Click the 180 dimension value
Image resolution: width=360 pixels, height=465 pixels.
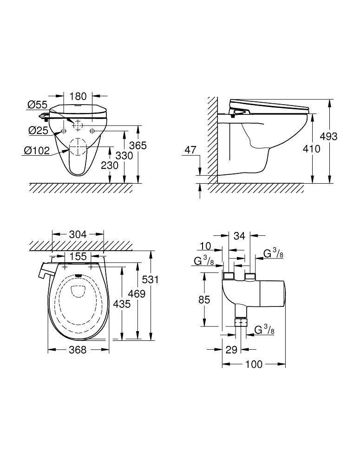pyautogui.click(x=78, y=96)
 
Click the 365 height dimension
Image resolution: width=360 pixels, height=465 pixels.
pyautogui.click(x=138, y=146)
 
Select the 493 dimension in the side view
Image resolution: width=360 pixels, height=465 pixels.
pyautogui.click(x=328, y=136)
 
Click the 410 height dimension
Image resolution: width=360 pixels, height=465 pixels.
pyautogui.click(x=311, y=149)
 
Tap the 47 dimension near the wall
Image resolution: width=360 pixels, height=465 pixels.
pyautogui.click(x=190, y=150)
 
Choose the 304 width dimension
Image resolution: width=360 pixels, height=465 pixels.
pyautogui.click(x=78, y=235)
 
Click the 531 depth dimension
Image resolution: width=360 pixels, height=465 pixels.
pyautogui.click(x=151, y=279)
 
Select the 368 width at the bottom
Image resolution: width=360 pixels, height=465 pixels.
pyautogui.click(x=78, y=350)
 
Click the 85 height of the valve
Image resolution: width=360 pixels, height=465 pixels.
pyautogui.click(x=204, y=300)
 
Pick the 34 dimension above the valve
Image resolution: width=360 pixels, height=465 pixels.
pyautogui.click(x=239, y=236)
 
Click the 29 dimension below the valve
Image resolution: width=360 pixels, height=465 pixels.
pyautogui.click(x=231, y=350)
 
